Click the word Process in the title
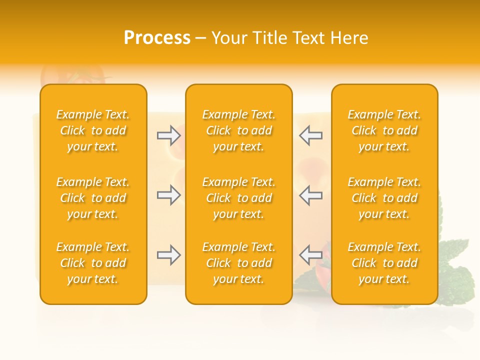pyautogui.click(x=157, y=38)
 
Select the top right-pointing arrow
pyautogui.click(x=168, y=135)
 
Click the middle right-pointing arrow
pyautogui.click(x=168, y=195)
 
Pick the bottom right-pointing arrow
pyautogui.click(x=168, y=255)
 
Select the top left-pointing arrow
pyautogui.click(x=310, y=135)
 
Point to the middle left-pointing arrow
pyautogui.click(x=310, y=195)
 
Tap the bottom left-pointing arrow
pyautogui.click(x=310, y=255)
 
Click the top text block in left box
pyautogui.click(x=93, y=130)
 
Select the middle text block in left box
pyautogui.click(x=93, y=198)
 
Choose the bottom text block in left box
pyautogui.click(x=93, y=263)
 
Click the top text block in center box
pyautogui.click(x=238, y=130)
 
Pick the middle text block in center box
pyautogui.click(x=238, y=198)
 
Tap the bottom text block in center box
pyautogui.click(x=238, y=263)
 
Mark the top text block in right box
pyautogui.click(x=384, y=130)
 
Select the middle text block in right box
pyautogui.click(x=384, y=198)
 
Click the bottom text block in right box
pyautogui.click(x=384, y=263)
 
